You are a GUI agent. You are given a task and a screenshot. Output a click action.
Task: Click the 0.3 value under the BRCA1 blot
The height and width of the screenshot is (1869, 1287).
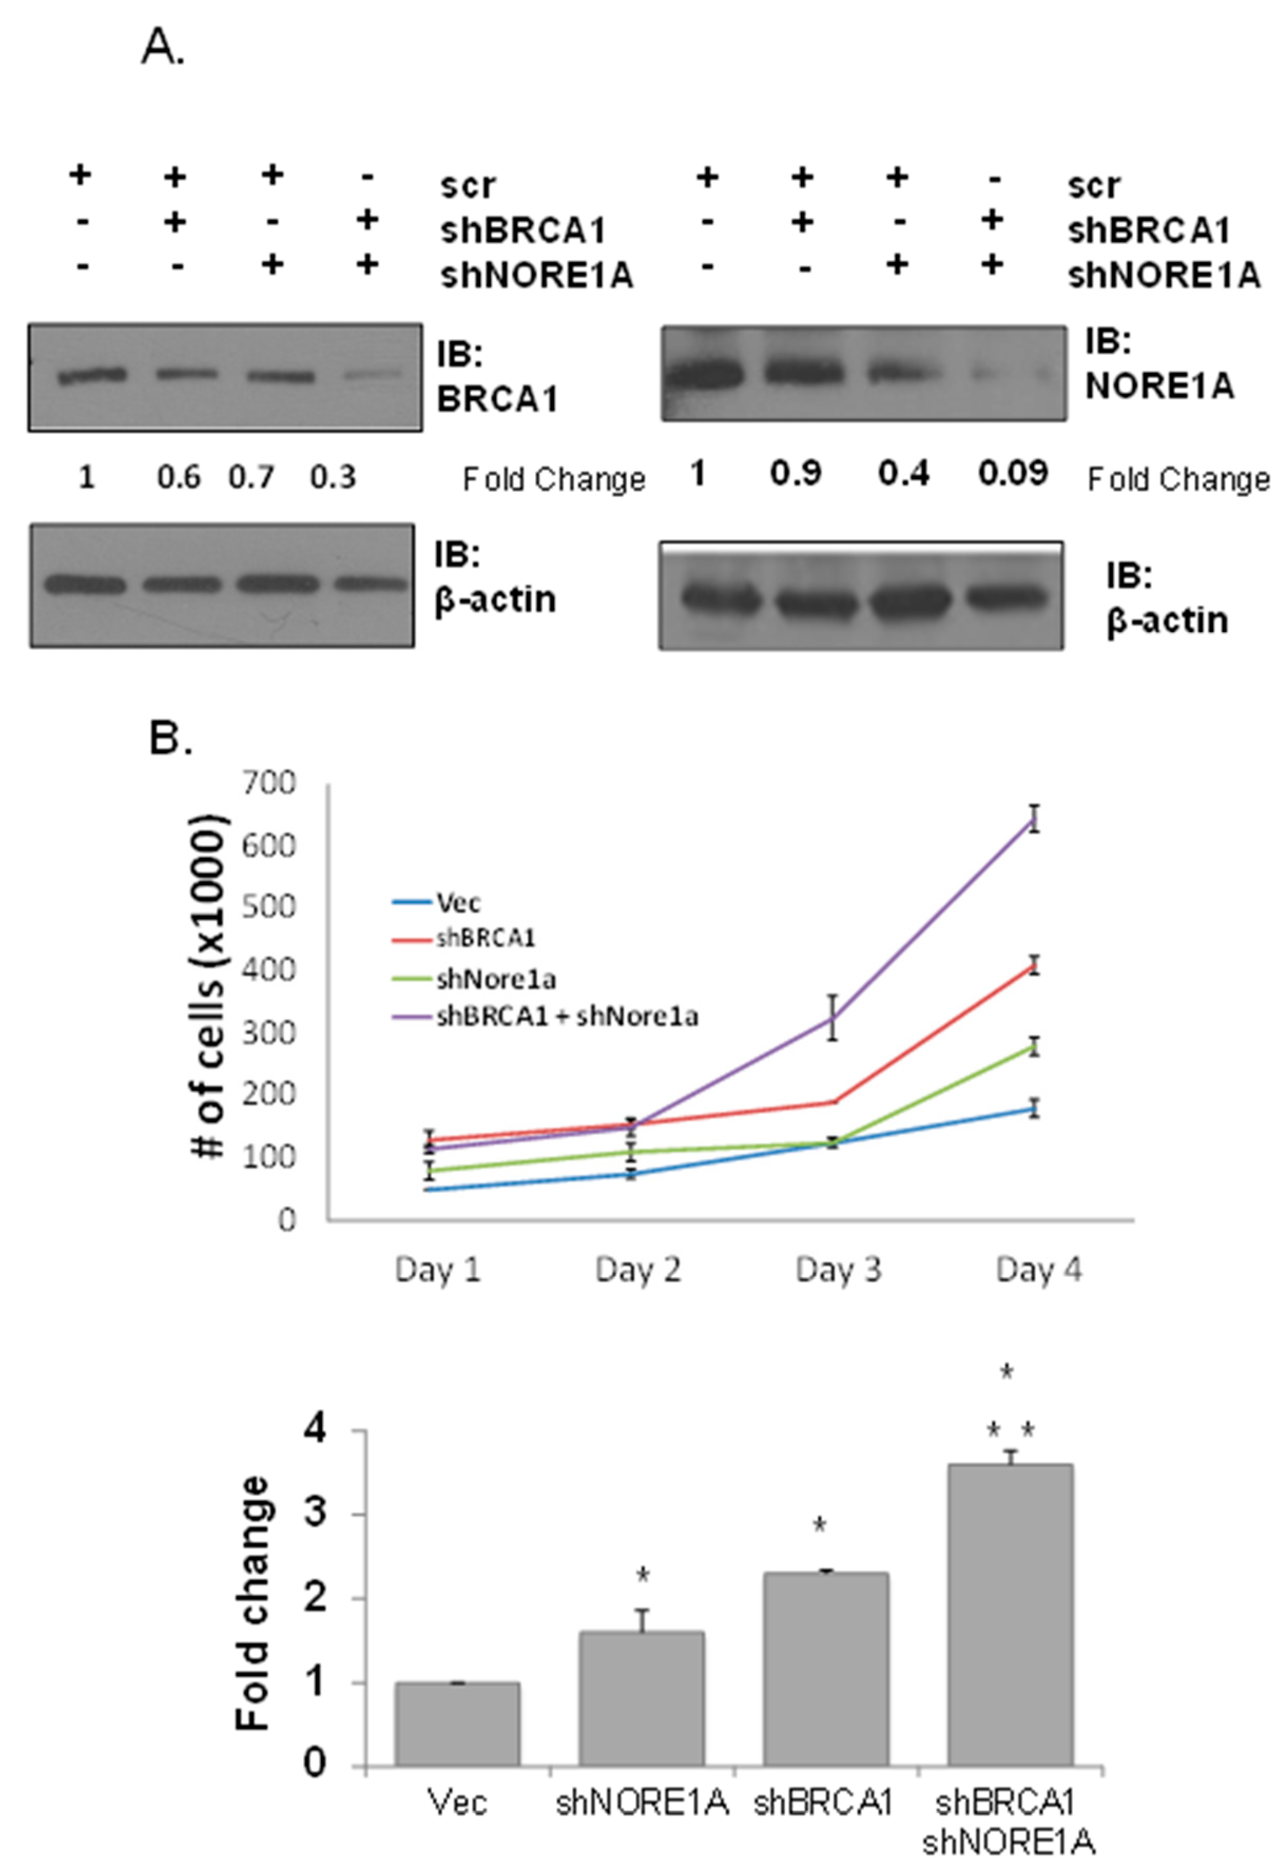point(333,478)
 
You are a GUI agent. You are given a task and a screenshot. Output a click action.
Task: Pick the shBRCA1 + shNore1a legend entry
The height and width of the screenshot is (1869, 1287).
point(567,1016)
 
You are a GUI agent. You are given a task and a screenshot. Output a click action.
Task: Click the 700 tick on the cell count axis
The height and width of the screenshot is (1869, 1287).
point(276,783)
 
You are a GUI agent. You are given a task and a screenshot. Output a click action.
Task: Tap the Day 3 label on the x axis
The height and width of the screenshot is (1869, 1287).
point(838,1270)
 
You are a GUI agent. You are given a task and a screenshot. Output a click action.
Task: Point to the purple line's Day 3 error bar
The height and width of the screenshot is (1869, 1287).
point(833,1018)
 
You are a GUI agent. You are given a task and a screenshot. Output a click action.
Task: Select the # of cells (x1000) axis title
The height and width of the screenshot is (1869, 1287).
point(209,987)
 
